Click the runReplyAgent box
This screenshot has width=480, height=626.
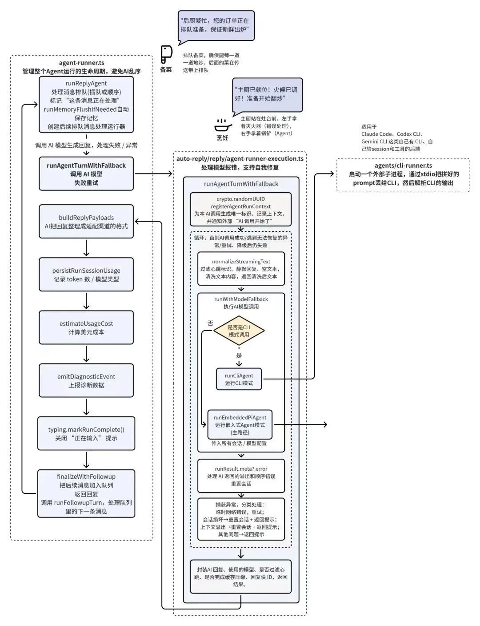[x=86, y=105]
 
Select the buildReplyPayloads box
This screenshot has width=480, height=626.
[x=86, y=222]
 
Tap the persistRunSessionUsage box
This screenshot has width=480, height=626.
[x=86, y=275]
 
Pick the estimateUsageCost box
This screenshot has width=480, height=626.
[x=86, y=327]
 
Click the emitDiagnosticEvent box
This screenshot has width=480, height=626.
[x=86, y=380]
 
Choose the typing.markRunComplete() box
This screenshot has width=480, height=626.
[x=86, y=433]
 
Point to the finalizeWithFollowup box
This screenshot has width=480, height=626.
[x=86, y=493]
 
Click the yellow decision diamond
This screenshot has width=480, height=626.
[x=239, y=331]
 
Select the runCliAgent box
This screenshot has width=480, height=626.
[x=239, y=379]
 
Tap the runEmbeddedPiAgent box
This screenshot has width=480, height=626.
[x=240, y=424]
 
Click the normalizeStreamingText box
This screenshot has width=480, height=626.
[x=241, y=269]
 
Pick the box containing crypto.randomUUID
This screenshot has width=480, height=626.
[x=241, y=210]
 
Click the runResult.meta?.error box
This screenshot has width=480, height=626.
[x=241, y=476]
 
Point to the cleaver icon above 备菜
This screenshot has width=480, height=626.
[x=166, y=55]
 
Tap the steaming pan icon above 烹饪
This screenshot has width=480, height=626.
[x=223, y=125]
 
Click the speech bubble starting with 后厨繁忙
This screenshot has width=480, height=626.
[x=216, y=25]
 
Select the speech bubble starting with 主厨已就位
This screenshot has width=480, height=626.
[x=267, y=94]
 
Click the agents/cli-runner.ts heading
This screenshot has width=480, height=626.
[x=403, y=166]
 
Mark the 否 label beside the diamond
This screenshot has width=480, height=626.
[x=210, y=323]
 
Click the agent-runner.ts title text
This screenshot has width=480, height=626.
[x=82, y=63]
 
